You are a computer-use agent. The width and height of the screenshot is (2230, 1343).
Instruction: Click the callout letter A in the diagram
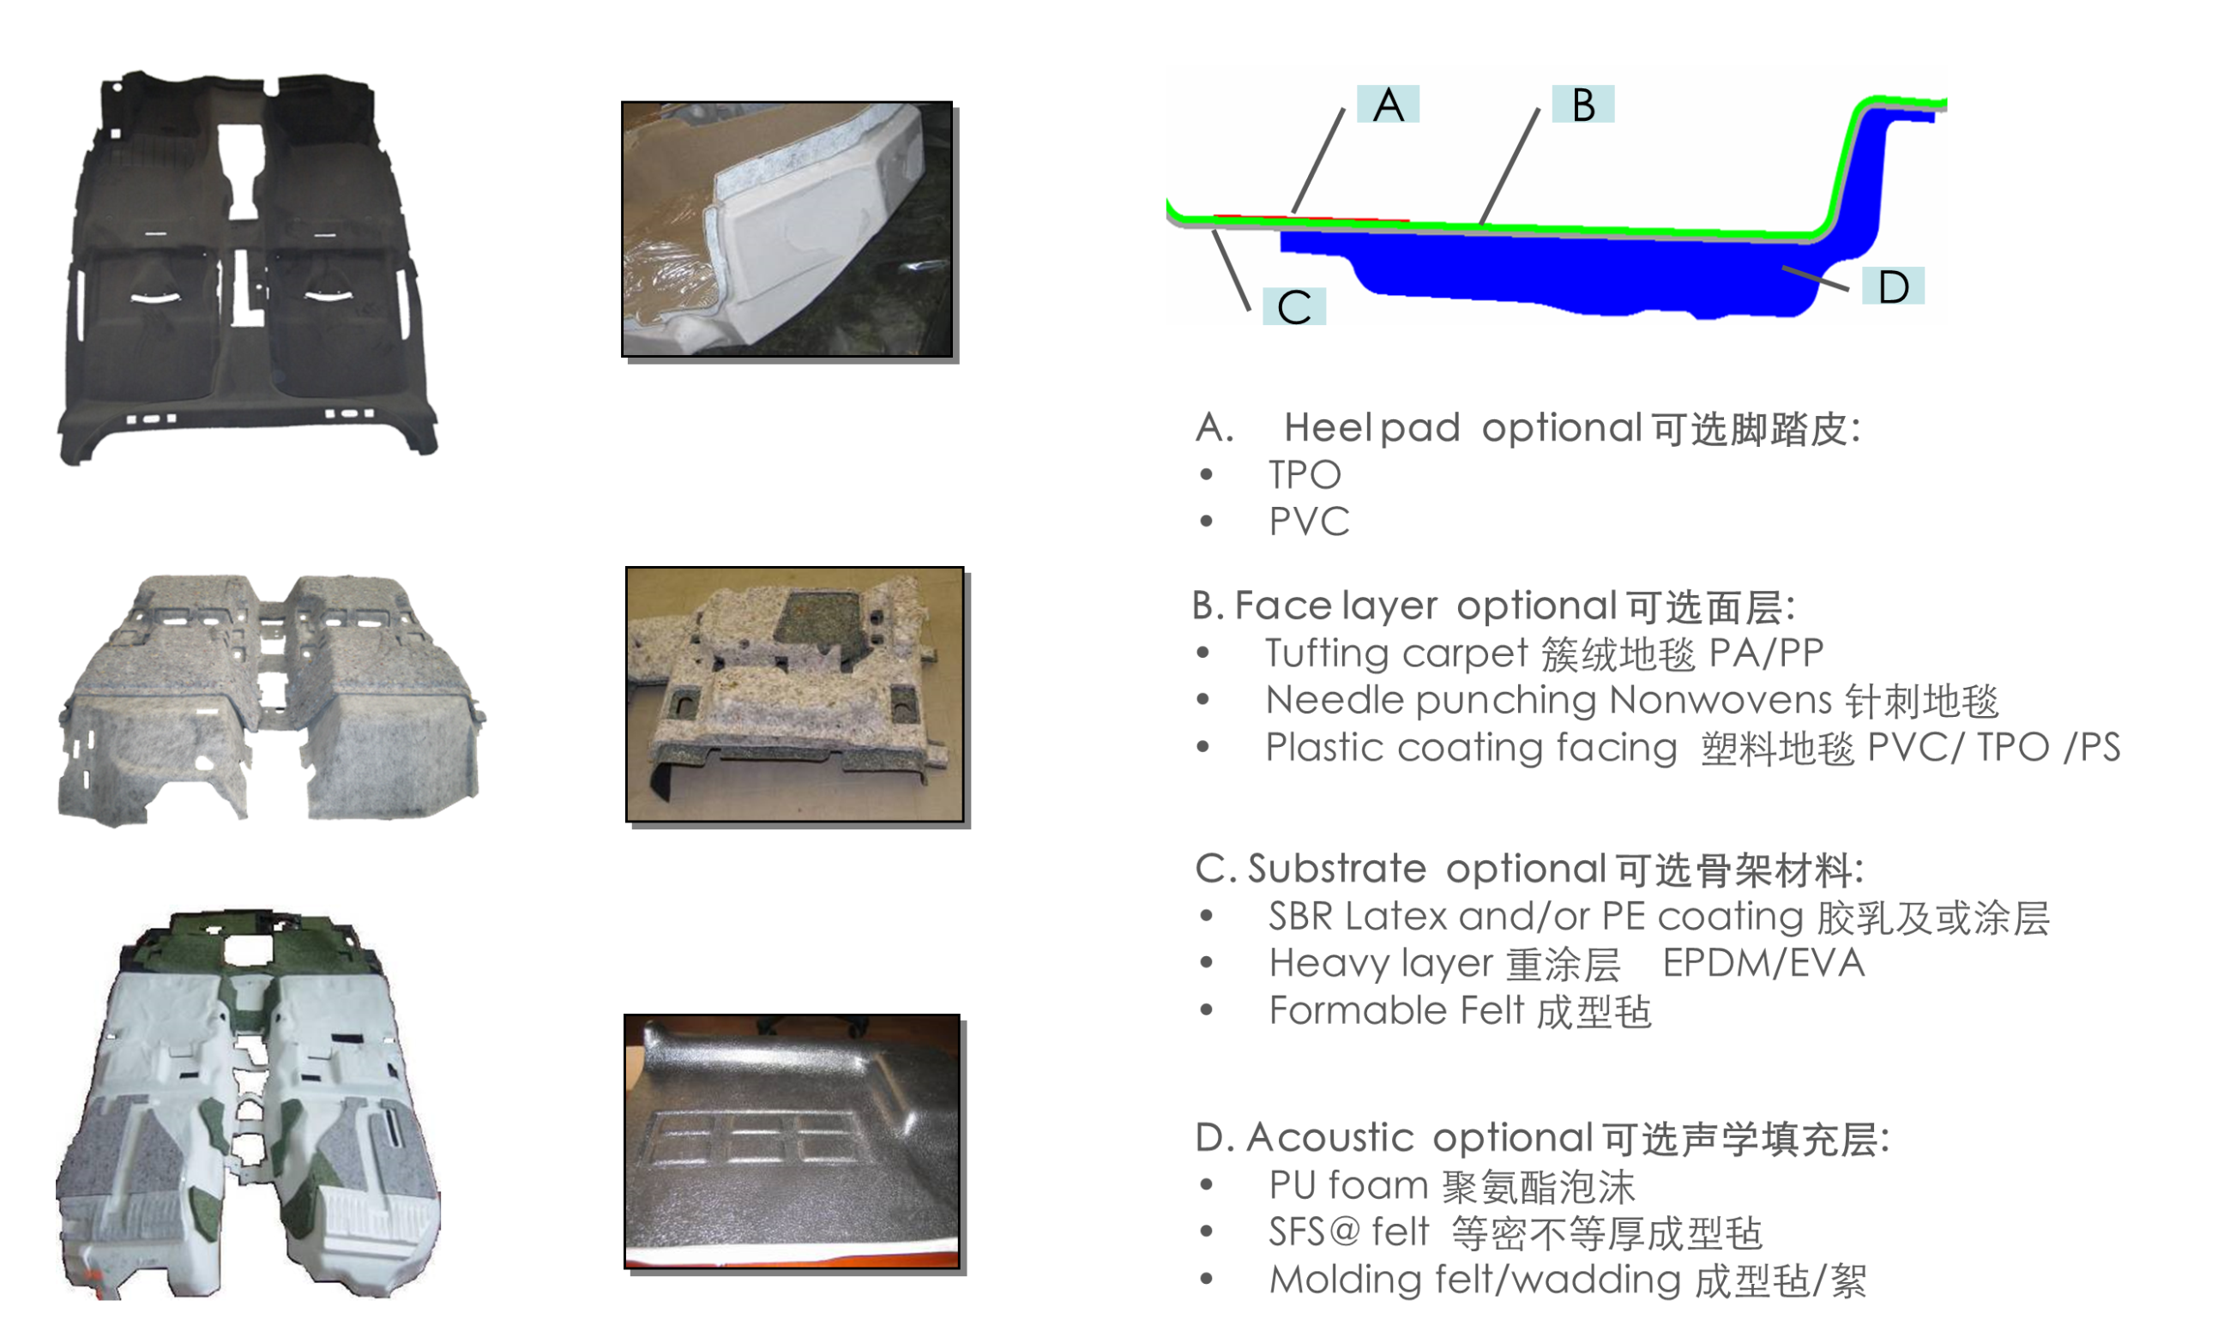click(x=1388, y=105)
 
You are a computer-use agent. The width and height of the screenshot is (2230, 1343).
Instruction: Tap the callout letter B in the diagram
click(x=1583, y=105)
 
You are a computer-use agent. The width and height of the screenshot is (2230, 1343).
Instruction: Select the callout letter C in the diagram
click(x=1294, y=308)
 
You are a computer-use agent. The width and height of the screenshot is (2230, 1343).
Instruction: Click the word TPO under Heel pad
click(x=1305, y=475)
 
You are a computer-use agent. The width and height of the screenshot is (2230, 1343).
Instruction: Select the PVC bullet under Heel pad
click(x=1309, y=521)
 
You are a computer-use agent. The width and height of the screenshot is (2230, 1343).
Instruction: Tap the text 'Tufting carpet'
click(x=1396, y=654)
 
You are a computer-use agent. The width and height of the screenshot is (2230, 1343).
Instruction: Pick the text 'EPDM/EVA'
click(x=1763, y=963)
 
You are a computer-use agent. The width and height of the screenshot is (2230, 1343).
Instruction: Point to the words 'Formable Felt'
click(x=1396, y=1010)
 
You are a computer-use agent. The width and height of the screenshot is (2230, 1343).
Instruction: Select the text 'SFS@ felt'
click(x=1348, y=1232)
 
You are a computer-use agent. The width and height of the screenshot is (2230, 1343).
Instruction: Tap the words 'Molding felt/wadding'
click(x=1475, y=1280)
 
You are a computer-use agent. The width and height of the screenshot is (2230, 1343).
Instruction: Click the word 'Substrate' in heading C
click(x=1337, y=869)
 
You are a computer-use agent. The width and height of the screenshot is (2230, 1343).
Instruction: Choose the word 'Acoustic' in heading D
click(x=1329, y=1137)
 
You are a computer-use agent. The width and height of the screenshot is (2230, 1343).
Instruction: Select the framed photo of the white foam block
click(x=787, y=229)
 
